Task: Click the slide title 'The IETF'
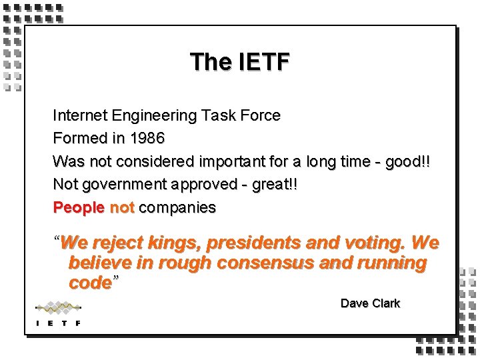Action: coord(239,62)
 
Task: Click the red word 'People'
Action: coord(79,207)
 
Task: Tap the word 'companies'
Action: coord(177,207)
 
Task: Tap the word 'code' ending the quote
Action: coord(90,282)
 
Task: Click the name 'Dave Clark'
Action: coord(370,303)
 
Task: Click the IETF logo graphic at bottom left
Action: coord(58,313)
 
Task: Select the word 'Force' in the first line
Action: coord(261,115)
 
